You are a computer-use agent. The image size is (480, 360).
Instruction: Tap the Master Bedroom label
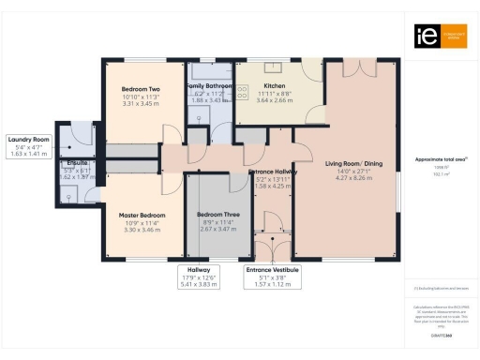point(142,215)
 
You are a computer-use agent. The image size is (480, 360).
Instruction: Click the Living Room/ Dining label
point(348,165)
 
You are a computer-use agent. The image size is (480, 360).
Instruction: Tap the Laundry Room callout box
point(27,146)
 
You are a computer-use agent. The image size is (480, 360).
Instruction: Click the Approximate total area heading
point(441,159)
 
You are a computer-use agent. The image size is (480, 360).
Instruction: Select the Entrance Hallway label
point(272,172)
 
